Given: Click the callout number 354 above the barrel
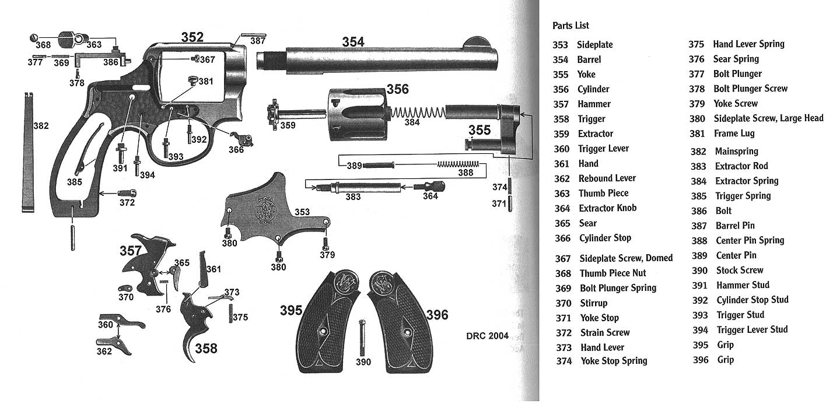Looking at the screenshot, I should (353, 42).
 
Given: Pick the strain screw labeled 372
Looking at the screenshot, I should (127, 192).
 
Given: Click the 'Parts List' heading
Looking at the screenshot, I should (570, 26).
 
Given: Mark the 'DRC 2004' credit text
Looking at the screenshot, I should (487, 336).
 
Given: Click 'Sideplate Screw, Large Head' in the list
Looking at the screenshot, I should (768, 118).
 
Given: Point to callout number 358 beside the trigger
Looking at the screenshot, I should (206, 349).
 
